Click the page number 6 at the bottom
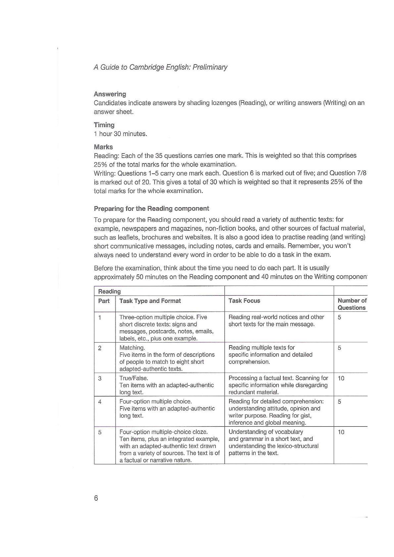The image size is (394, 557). coord(96,498)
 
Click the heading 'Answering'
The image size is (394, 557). coord(110,94)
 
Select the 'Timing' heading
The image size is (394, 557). coord(104,125)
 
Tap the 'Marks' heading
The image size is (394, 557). coord(103,147)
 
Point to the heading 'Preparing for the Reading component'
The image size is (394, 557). coord(151,209)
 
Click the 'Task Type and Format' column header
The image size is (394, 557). coord(150,301)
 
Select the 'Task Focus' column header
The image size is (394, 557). coord(244,301)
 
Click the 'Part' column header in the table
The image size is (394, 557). coord(104,301)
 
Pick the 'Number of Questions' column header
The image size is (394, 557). coord(352,304)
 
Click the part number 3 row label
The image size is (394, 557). coord(100,378)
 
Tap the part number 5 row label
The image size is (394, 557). coord(100,432)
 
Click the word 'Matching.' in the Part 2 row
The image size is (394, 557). coord(132,348)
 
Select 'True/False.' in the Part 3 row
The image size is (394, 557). coord(134,378)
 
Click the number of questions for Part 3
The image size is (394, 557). coord(341,378)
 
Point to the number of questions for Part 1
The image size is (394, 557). coord(339,317)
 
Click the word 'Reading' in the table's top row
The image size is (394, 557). coord(110,291)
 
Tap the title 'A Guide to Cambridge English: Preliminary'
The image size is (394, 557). coord(161,67)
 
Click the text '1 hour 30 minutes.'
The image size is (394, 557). coord(121,134)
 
